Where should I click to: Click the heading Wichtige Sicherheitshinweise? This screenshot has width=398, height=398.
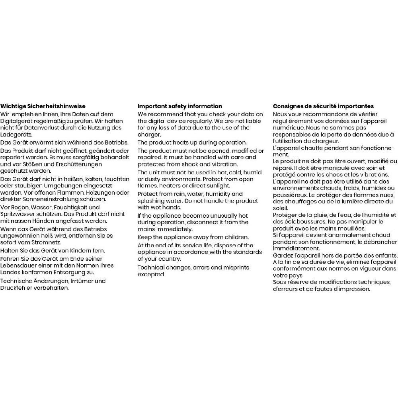tap(43, 106)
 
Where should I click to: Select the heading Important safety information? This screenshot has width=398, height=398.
tap(180, 106)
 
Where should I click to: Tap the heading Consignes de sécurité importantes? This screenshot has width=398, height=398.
tap(323, 106)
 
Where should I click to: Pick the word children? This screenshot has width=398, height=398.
tap(236, 237)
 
